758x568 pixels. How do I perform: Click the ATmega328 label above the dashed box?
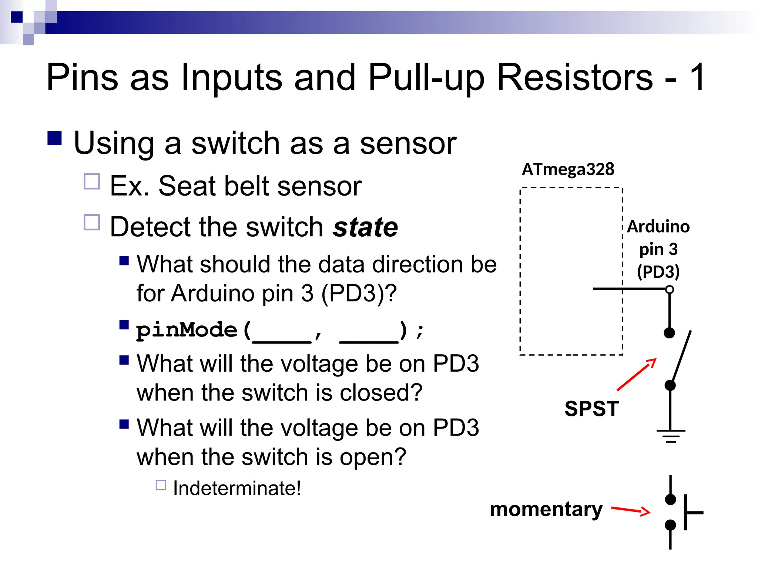point(568,169)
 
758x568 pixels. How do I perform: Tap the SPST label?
point(591,409)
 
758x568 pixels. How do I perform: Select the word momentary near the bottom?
point(546,510)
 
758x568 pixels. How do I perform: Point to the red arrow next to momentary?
point(631,511)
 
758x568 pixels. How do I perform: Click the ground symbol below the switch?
point(671,436)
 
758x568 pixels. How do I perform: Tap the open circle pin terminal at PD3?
point(669,290)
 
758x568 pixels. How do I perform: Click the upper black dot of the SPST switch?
point(669,333)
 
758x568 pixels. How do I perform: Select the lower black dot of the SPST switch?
point(670,385)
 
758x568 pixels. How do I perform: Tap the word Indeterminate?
point(237,488)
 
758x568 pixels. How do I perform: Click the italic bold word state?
point(365,227)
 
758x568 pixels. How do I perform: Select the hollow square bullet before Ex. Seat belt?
point(92,182)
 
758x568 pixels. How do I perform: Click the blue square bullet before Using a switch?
point(55,138)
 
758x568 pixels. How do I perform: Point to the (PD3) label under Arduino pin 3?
point(658,272)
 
